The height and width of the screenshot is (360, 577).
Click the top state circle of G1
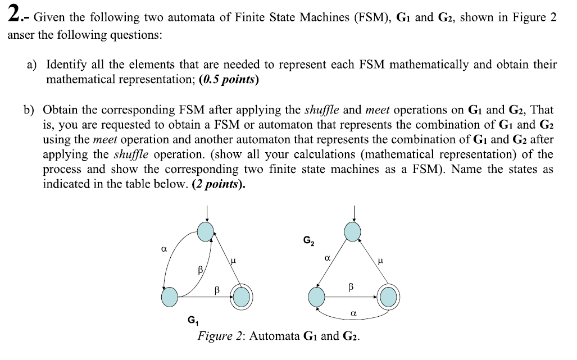[207, 230]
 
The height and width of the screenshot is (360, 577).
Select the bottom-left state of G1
[170, 297]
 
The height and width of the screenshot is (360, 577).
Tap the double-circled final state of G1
[242, 297]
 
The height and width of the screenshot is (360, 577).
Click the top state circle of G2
[353, 230]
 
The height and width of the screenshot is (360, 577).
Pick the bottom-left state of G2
[317, 297]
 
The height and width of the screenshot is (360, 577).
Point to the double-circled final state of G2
[389, 297]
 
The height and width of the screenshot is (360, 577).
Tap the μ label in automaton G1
[233, 260]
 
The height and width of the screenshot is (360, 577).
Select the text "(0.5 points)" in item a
[229, 80]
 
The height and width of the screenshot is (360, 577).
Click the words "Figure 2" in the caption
[221, 336]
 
